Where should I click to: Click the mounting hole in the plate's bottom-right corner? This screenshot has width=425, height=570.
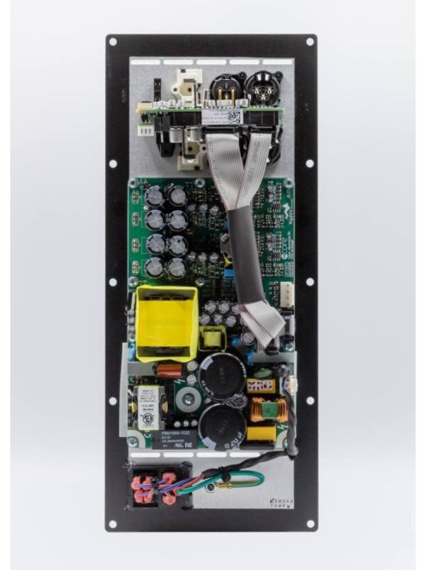click(309, 523)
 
